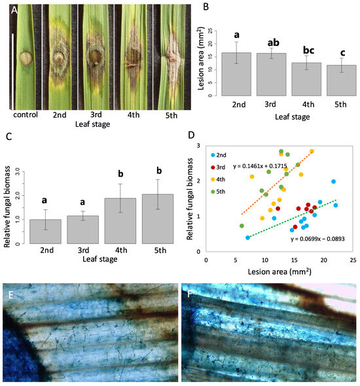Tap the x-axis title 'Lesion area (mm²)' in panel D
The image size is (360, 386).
click(x=278, y=270)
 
